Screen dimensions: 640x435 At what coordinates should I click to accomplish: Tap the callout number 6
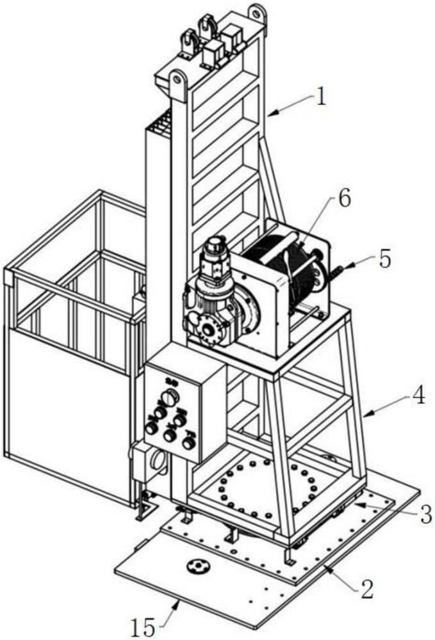[x=345, y=199]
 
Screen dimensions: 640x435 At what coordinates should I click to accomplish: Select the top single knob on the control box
[x=169, y=398]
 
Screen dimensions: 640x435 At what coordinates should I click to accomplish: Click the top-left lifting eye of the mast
[x=177, y=81]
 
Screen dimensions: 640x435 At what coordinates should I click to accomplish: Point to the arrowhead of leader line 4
[x=365, y=417]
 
